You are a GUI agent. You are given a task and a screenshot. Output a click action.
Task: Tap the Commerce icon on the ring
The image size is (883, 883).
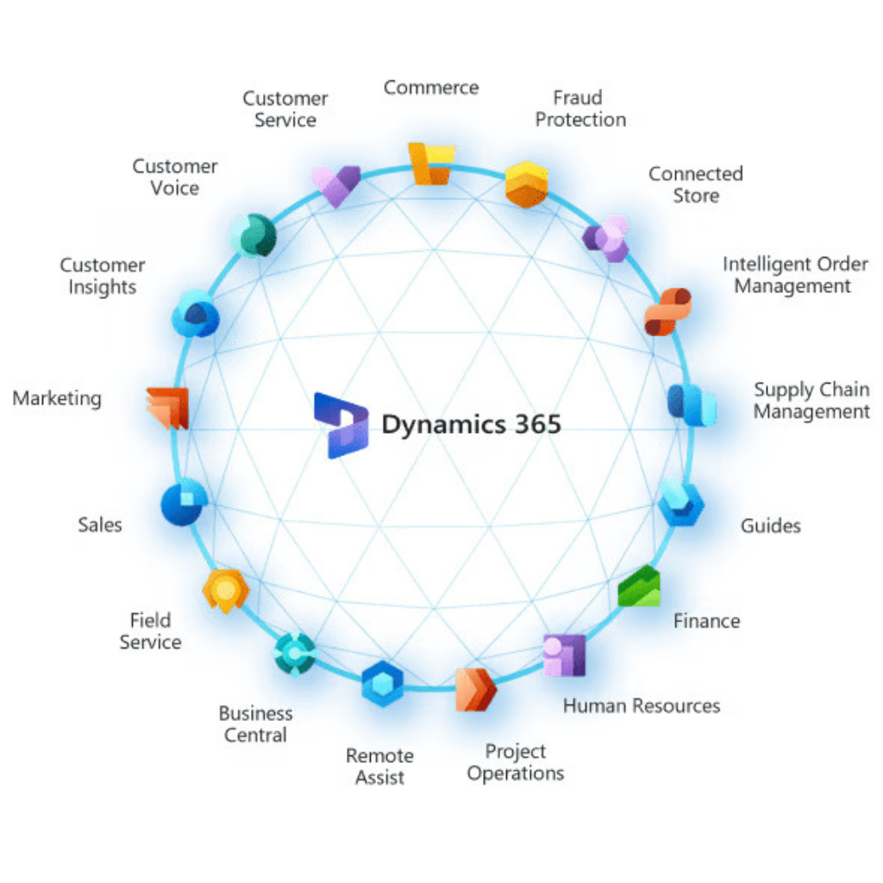[430, 163]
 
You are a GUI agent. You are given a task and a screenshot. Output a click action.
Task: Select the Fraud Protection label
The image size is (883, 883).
[580, 109]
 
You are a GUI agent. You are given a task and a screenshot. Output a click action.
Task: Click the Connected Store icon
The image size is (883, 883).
[606, 238]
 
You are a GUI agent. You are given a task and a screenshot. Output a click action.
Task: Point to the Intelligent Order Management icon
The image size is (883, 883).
[667, 311]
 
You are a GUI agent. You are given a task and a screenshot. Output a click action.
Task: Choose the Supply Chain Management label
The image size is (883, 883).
[811, 401]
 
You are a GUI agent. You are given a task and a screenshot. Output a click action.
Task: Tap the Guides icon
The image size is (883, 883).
[681, 504]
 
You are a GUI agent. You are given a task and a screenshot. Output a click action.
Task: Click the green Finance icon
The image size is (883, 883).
[640, 587]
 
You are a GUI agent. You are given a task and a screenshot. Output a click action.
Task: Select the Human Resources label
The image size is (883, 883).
[642, 705]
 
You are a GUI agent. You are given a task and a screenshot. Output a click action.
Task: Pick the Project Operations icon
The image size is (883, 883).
[475, 689]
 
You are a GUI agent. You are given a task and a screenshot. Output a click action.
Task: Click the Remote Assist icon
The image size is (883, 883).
[382, 684]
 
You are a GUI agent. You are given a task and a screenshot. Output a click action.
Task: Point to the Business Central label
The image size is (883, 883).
[255, 724]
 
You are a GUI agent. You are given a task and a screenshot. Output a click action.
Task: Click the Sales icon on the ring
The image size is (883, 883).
[184, 503]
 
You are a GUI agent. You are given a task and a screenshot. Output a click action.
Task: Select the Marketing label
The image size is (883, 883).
[57, 398]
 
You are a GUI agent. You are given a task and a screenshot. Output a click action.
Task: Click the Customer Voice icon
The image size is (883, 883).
[254, 235]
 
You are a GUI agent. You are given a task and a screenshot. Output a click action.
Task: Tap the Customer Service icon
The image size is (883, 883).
[335, 185]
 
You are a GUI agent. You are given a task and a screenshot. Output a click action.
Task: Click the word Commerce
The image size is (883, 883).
[431, 87]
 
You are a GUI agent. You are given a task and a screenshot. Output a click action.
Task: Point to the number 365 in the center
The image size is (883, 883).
[533, 424]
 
